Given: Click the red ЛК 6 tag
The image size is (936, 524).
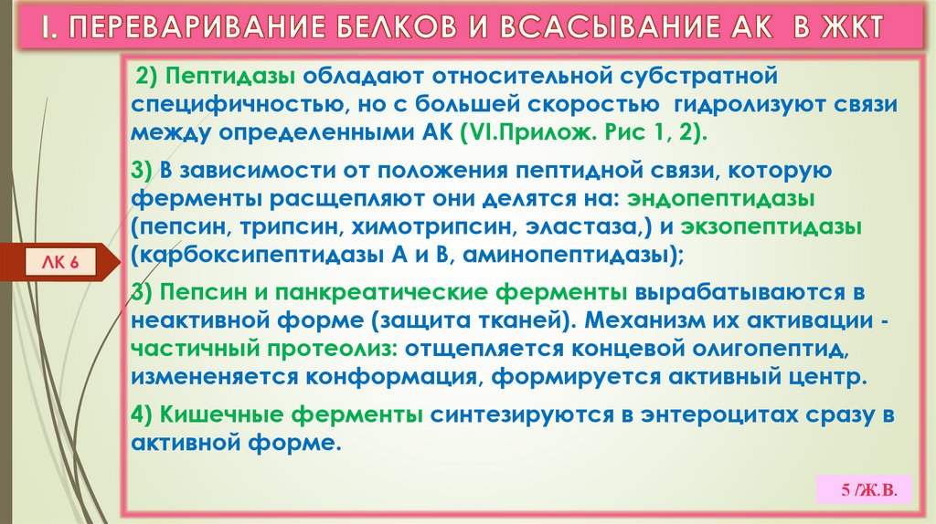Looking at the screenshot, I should pyautogui.click(x=61, y=262).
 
